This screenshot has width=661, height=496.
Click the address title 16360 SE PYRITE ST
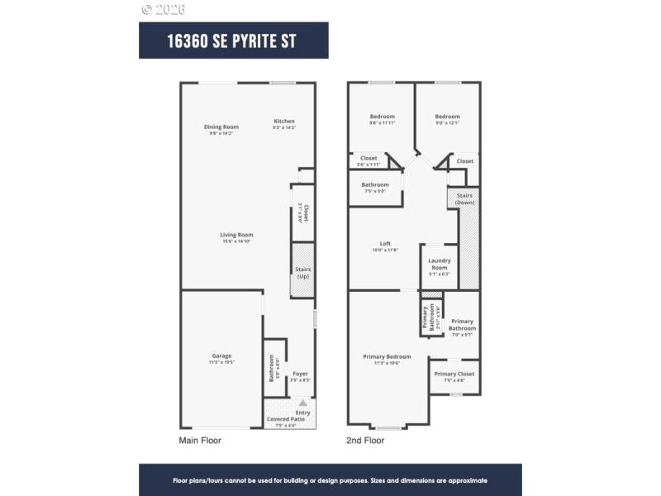pos(233,41)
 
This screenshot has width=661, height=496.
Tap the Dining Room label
pos(221,126)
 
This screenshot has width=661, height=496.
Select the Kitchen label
pos(283,122)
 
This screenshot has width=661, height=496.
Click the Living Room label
pos(235,235)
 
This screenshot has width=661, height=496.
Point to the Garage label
pos(221,355)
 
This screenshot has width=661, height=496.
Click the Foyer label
pos(300,374)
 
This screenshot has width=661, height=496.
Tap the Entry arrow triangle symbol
pos(302,403)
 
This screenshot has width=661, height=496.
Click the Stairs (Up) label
pos(302,272)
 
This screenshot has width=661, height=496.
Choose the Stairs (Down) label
pos(464,198)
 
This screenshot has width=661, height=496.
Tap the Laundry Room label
pos(439,264)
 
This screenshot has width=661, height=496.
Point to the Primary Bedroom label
pos(387,357)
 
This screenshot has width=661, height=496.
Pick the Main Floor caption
pos(200,441)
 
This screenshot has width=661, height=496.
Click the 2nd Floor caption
pos(365,441)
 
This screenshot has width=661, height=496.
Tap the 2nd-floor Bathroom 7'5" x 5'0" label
pos(375,185)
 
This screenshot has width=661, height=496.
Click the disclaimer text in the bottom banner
pos(330,479)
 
